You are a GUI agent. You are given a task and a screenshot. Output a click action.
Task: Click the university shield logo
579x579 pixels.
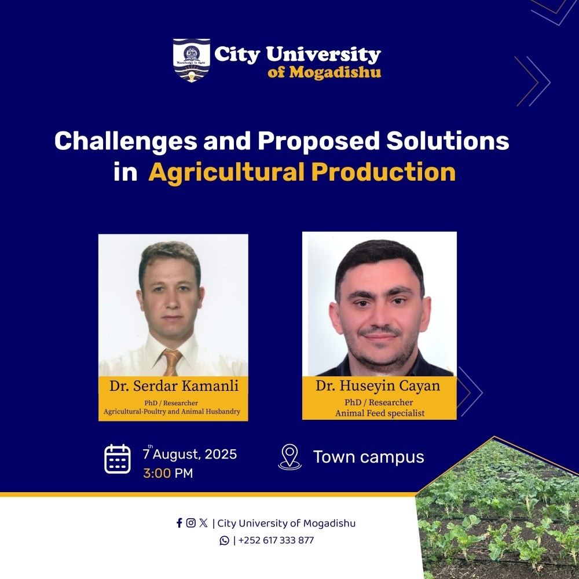(x=192, y=60)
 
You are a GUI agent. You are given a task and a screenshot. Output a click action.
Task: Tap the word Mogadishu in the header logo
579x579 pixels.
(x=335, y=72)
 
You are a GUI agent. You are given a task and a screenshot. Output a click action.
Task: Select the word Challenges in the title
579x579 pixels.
(x=126, y=141)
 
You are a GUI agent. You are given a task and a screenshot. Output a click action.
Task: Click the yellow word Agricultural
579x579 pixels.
(x=226, y=173)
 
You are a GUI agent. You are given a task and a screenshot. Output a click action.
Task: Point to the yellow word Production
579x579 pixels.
(x=384, y=172)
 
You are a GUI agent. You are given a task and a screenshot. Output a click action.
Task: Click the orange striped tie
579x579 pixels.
(x=172, y=362)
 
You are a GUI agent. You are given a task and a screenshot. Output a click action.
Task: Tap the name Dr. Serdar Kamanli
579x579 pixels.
(x=174, y=386)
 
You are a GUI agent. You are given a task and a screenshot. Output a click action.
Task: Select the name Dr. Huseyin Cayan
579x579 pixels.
(x=378, y=386)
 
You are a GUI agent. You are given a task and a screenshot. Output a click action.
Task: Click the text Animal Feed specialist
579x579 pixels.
(x=380, y=413)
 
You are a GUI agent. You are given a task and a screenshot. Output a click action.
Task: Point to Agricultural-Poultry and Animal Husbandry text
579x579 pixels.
(x=172, y=411)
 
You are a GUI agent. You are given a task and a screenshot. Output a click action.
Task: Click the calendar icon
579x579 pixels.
(x=118, y=459)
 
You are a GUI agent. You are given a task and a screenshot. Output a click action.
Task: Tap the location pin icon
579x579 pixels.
(x=290, y=457)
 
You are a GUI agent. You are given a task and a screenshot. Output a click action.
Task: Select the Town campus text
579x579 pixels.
(x=368, y=457)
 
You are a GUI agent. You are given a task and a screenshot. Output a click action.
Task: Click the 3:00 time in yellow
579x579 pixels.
(x=157, y=473)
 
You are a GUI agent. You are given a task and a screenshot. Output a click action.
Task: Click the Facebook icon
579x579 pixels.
(x=179, y=523)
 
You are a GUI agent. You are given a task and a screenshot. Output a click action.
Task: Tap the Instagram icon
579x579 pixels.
(x=191, y=523)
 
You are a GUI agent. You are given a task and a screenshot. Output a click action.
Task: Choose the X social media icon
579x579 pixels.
(x=203, y=523)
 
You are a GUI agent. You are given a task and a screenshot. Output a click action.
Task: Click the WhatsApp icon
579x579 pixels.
(x=224, y=541)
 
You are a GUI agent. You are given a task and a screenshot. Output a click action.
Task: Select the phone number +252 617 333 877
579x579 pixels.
(x=276, y=541)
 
